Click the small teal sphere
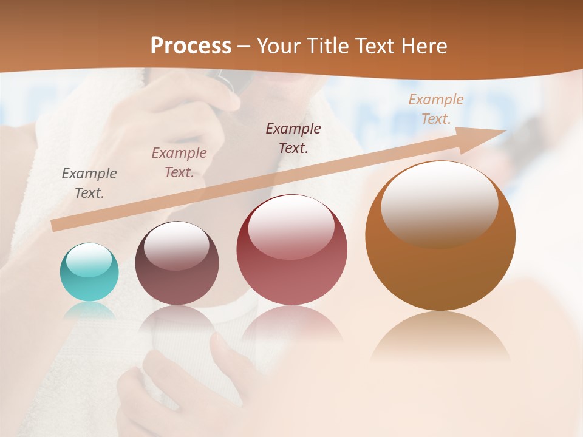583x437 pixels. (89, 273)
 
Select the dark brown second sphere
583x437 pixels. (177, 263)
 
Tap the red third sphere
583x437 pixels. (291, 250)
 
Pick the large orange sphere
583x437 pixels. (440, 235)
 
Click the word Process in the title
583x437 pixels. (191, 46)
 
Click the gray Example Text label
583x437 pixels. (89, 183)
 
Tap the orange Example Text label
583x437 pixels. (435, 109)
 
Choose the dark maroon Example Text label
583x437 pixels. (293, 138)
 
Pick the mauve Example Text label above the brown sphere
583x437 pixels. (179, 162)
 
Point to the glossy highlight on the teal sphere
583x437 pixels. (89, 260)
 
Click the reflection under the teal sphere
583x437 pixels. (89, 310)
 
